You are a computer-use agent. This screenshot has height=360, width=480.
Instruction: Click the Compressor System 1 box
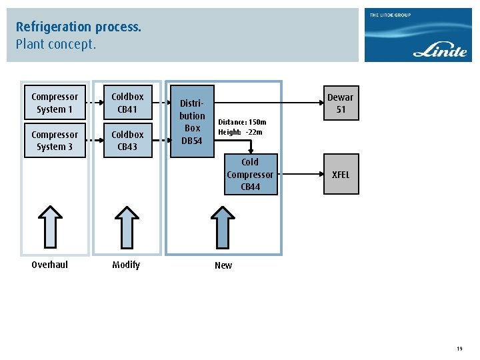55,103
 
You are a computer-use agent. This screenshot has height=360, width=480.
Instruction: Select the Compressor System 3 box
55,140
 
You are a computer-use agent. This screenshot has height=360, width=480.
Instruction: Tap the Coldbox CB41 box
127,103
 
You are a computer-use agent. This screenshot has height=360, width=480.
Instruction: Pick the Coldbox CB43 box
127,140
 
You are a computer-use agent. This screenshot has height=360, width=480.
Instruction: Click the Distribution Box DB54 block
192,121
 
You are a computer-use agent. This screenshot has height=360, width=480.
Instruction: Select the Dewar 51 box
341,103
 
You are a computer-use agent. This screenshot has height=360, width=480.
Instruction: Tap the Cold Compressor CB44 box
250,175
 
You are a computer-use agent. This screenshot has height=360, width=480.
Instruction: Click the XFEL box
341,175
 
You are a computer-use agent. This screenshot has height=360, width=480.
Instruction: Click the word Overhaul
50,265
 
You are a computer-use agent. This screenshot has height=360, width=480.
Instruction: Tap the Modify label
126,265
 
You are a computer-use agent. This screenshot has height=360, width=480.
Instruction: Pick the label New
223,265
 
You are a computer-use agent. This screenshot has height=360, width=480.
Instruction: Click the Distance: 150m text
242,122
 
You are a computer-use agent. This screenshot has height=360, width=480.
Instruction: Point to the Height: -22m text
240,132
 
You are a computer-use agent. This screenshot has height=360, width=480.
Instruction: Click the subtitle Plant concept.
56,45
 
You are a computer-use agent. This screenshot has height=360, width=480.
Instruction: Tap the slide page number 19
459,349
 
